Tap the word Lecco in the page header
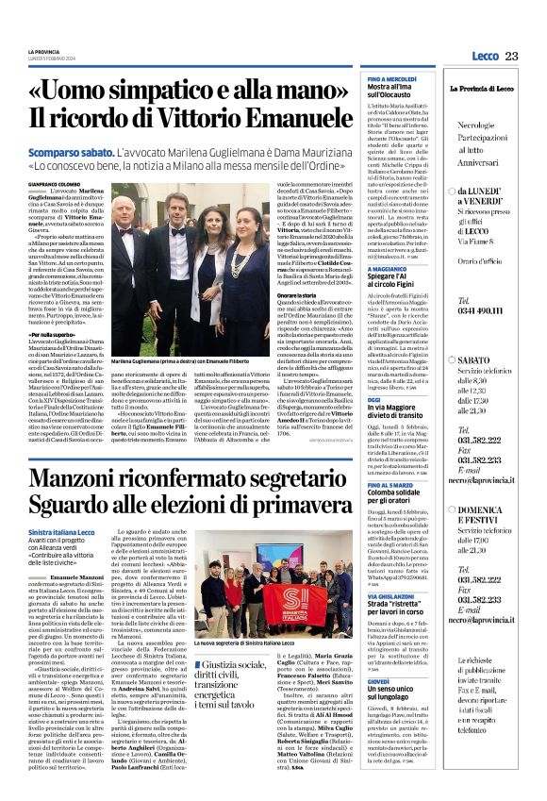pos(485,57)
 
